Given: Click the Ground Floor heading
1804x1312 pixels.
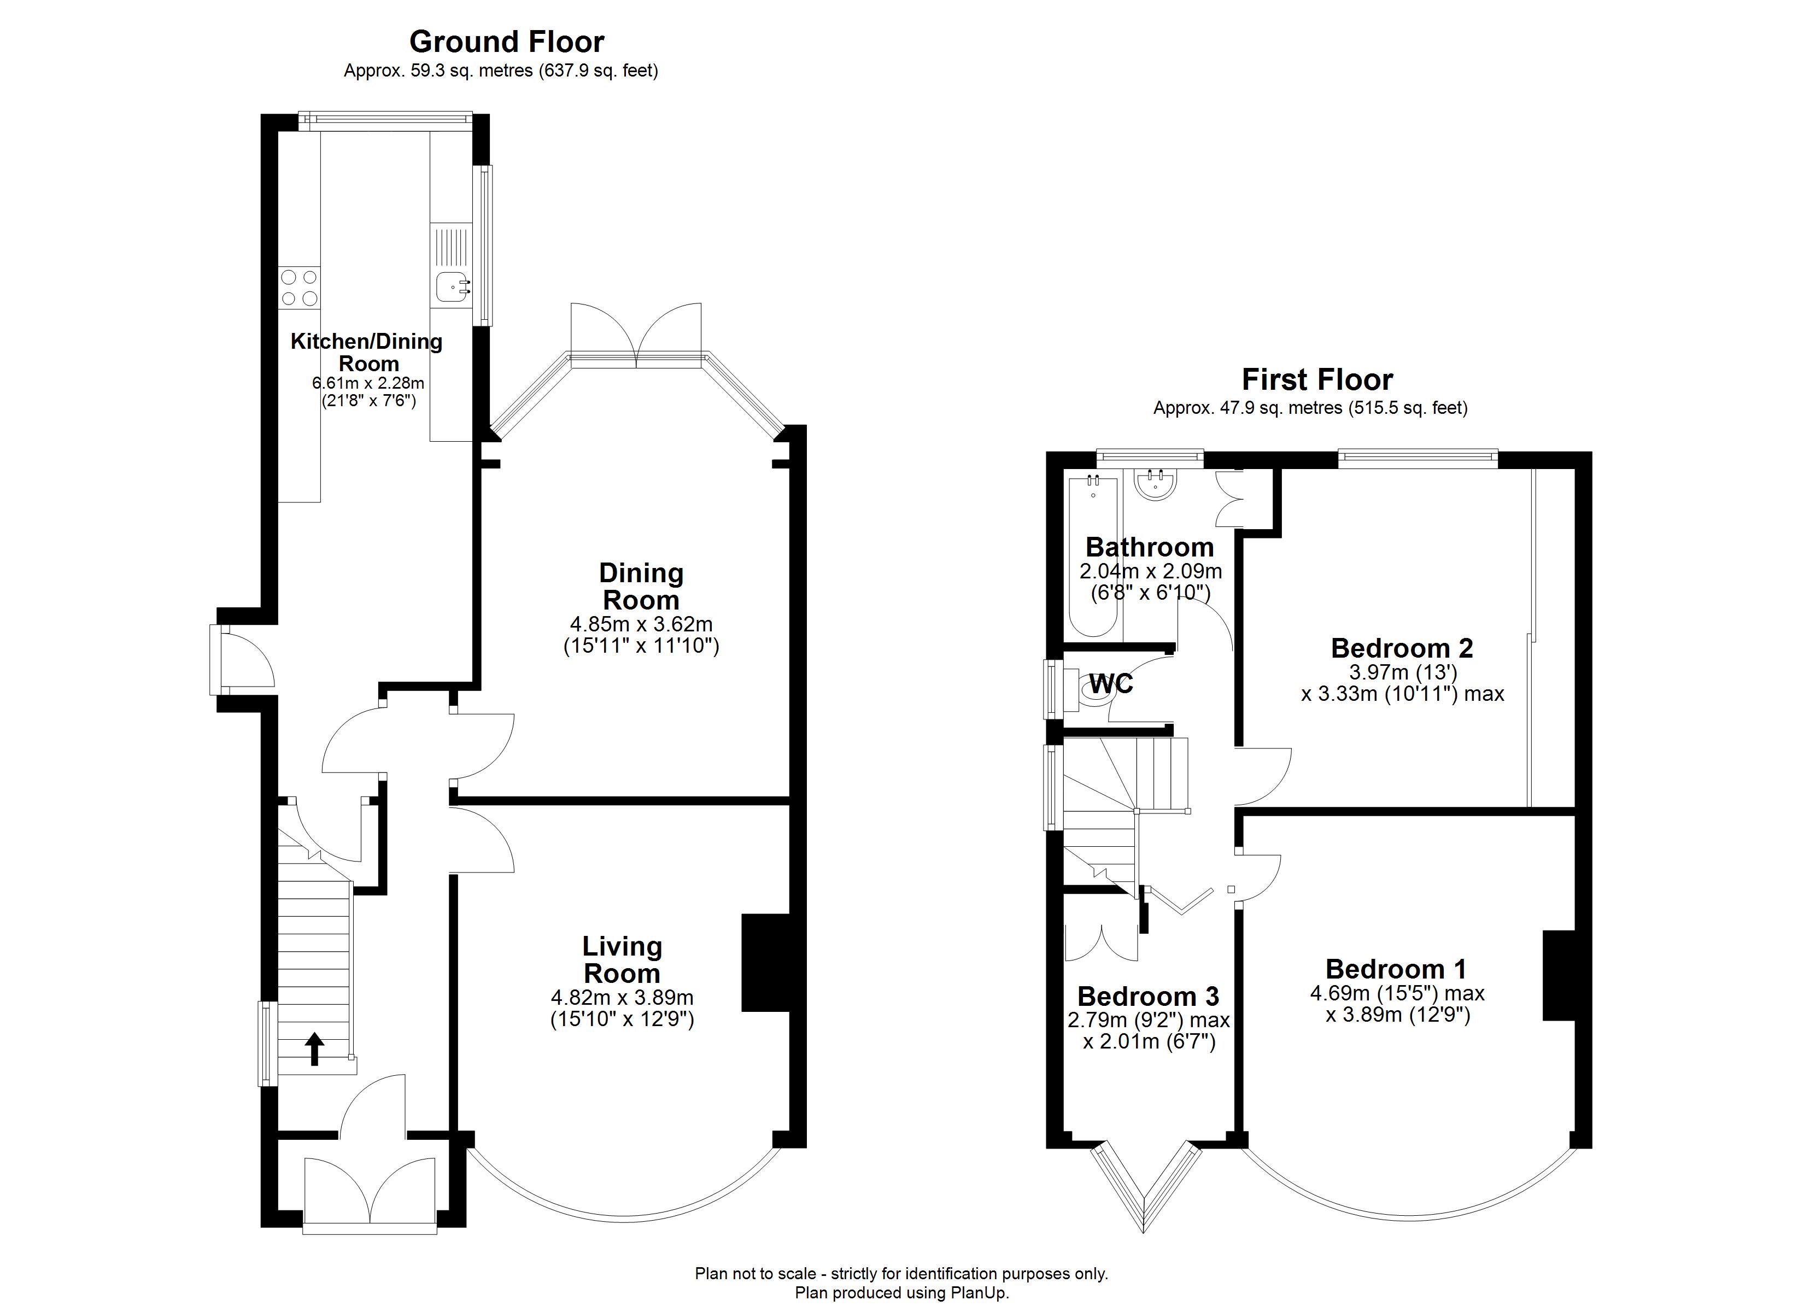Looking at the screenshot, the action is pos(507,42).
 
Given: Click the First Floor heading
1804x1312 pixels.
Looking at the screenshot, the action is pos(1317,379).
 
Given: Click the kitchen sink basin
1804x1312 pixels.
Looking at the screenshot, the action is pos(452,287).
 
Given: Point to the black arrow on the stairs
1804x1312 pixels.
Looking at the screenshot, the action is pos(315,1049).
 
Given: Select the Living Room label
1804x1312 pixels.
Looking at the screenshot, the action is pos(622,959).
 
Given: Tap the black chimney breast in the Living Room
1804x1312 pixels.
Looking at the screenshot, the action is pos(765,963).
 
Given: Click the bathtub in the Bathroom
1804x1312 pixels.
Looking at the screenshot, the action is pos(1093,554).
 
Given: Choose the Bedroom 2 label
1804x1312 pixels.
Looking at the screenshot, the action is pos(1402,648).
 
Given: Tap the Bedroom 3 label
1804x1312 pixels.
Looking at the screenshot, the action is pos(1148,996).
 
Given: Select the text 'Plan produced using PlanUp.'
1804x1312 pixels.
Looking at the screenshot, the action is pos(902,1293).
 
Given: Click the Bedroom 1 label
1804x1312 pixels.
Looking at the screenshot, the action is pos(1396,969).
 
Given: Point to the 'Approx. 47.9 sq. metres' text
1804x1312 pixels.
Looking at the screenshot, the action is pos(1247,408).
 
